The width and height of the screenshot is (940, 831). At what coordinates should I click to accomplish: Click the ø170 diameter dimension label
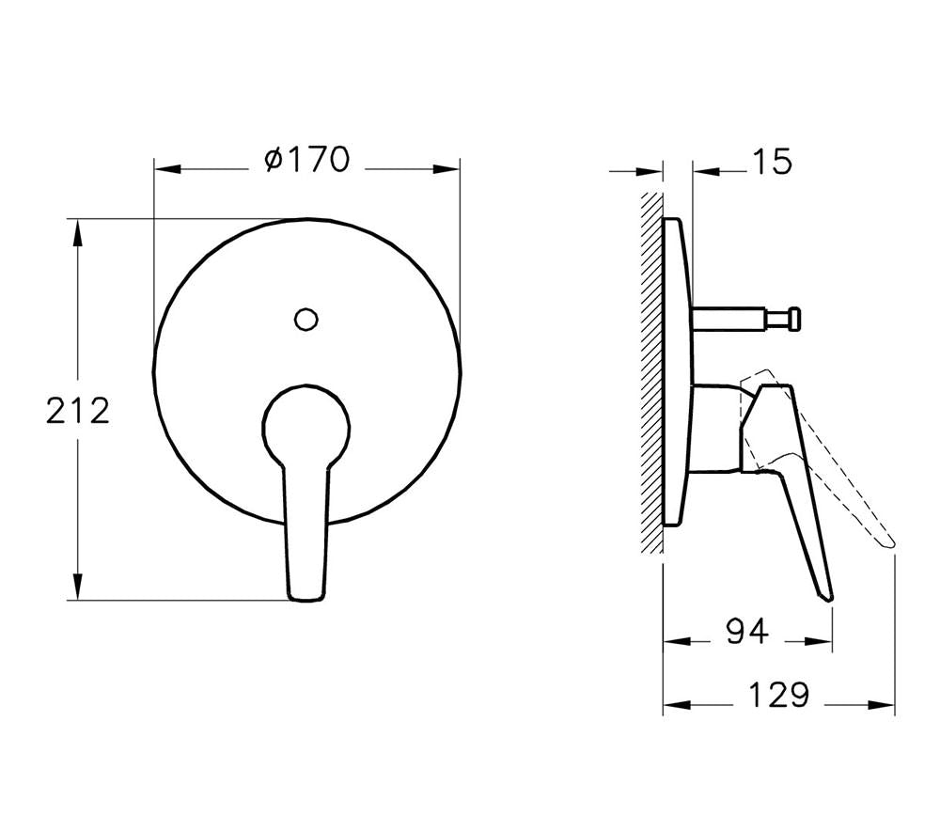pos(307,161)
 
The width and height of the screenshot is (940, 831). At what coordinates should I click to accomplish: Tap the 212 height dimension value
pos(78,411)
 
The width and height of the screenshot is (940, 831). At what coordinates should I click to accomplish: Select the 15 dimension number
pos(771,162)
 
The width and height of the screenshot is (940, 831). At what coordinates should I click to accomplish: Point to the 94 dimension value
pos(747,633)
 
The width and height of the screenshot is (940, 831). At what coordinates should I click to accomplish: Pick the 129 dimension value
pos(779,696)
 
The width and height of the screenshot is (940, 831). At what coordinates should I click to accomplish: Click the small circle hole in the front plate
pos(305,319)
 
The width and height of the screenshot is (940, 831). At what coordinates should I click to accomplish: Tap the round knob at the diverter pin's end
pos(795,320)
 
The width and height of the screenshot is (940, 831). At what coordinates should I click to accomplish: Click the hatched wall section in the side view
pos(650,376)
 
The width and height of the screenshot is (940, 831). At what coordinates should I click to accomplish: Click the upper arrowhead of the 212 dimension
pos(78,231)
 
